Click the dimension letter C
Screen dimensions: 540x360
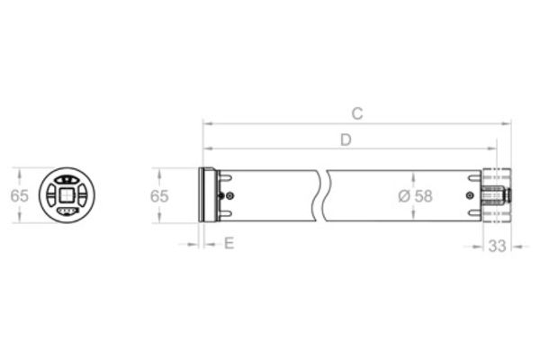pos(357,113)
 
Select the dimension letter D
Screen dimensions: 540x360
pos(346,140)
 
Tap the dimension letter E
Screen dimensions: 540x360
pos(229,243)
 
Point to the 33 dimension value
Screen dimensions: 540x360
pos(498,246)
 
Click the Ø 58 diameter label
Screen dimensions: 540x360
pos(415,196)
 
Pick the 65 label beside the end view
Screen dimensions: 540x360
pos(19,196)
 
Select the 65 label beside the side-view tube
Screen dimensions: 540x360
pos(159,196)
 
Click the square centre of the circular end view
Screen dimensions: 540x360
pos(67,195)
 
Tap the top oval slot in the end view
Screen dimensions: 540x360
pos(67,179)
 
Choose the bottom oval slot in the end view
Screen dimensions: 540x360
pos(67,211)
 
